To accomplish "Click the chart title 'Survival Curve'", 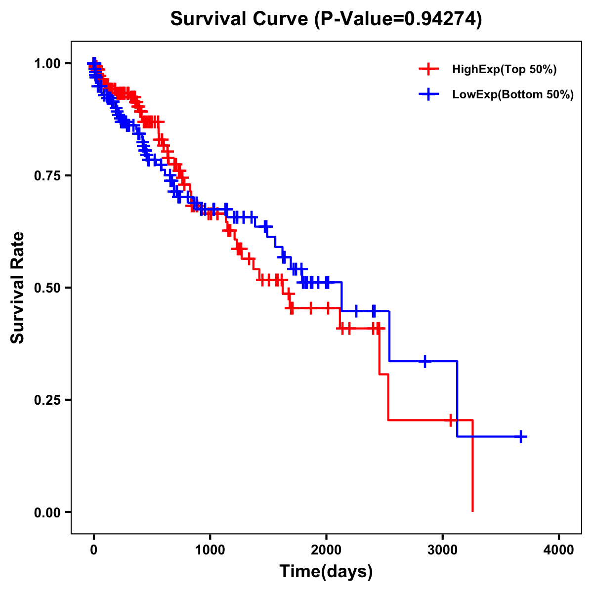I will pyautogui.click(x=240, y=19).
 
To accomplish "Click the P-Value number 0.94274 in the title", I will pyautogui.click(x=440, y=19).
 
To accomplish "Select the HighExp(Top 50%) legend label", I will pyautogui.click(x=505, y=70).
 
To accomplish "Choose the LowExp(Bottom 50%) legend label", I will pyautogui.click(x=513, y=95).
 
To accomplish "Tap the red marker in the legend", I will pyautogui.click(x=428, y=69).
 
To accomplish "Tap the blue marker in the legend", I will pyautogui.click(x=428, y=94).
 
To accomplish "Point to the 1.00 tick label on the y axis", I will pyautogui.click(x=48, y=64).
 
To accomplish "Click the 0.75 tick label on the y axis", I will pyautogui.click(x=48, y=176).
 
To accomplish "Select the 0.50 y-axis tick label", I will pyautogui.click(x=48, y=288).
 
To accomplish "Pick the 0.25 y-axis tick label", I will pyautogui.click(x=48, y=400).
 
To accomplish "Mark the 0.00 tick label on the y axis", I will pyautogui.click(x=48, y=512).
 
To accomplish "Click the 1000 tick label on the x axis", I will pyautogui.click(x=210, y=550).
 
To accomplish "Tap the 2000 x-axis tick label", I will pyautogui.click(x=326, y=550).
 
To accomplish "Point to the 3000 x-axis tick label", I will pyautogui.click(x=443, y=550).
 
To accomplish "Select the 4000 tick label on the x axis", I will pyautogui.click(x=559, y=550).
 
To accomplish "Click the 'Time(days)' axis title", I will pyautogui.click(x=326, y=572).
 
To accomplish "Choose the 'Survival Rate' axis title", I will pyautogui.click(x=18, y=288).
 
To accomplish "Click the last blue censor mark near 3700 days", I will pyautogui.click(x=521, y=437).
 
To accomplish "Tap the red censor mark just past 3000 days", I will pyautogui.click(x=451, y=420).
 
